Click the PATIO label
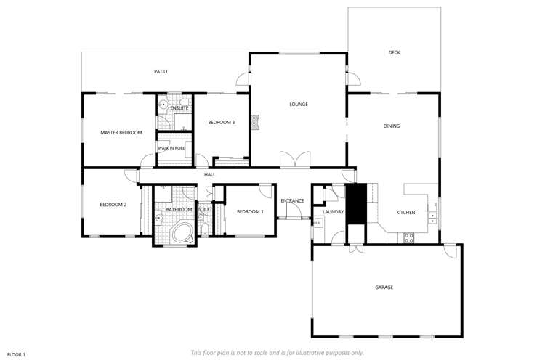click(x=161, y=72)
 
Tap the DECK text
click(x=394, y=52)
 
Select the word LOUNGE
click(x=299, y=105)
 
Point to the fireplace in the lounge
click(x=254, y=122)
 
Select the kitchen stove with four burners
click(x=408, y=237)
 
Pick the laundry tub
click(x=318, y=223)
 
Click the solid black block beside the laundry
click(x=356, y=204)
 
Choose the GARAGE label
click(x=384, y=287)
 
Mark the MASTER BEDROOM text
click(x=121, y=132)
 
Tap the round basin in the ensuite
click(x=164, y=105)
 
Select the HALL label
click(x=209, y=174)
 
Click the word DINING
click(x=392, y=126)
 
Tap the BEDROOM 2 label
click(x=113, y=205)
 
